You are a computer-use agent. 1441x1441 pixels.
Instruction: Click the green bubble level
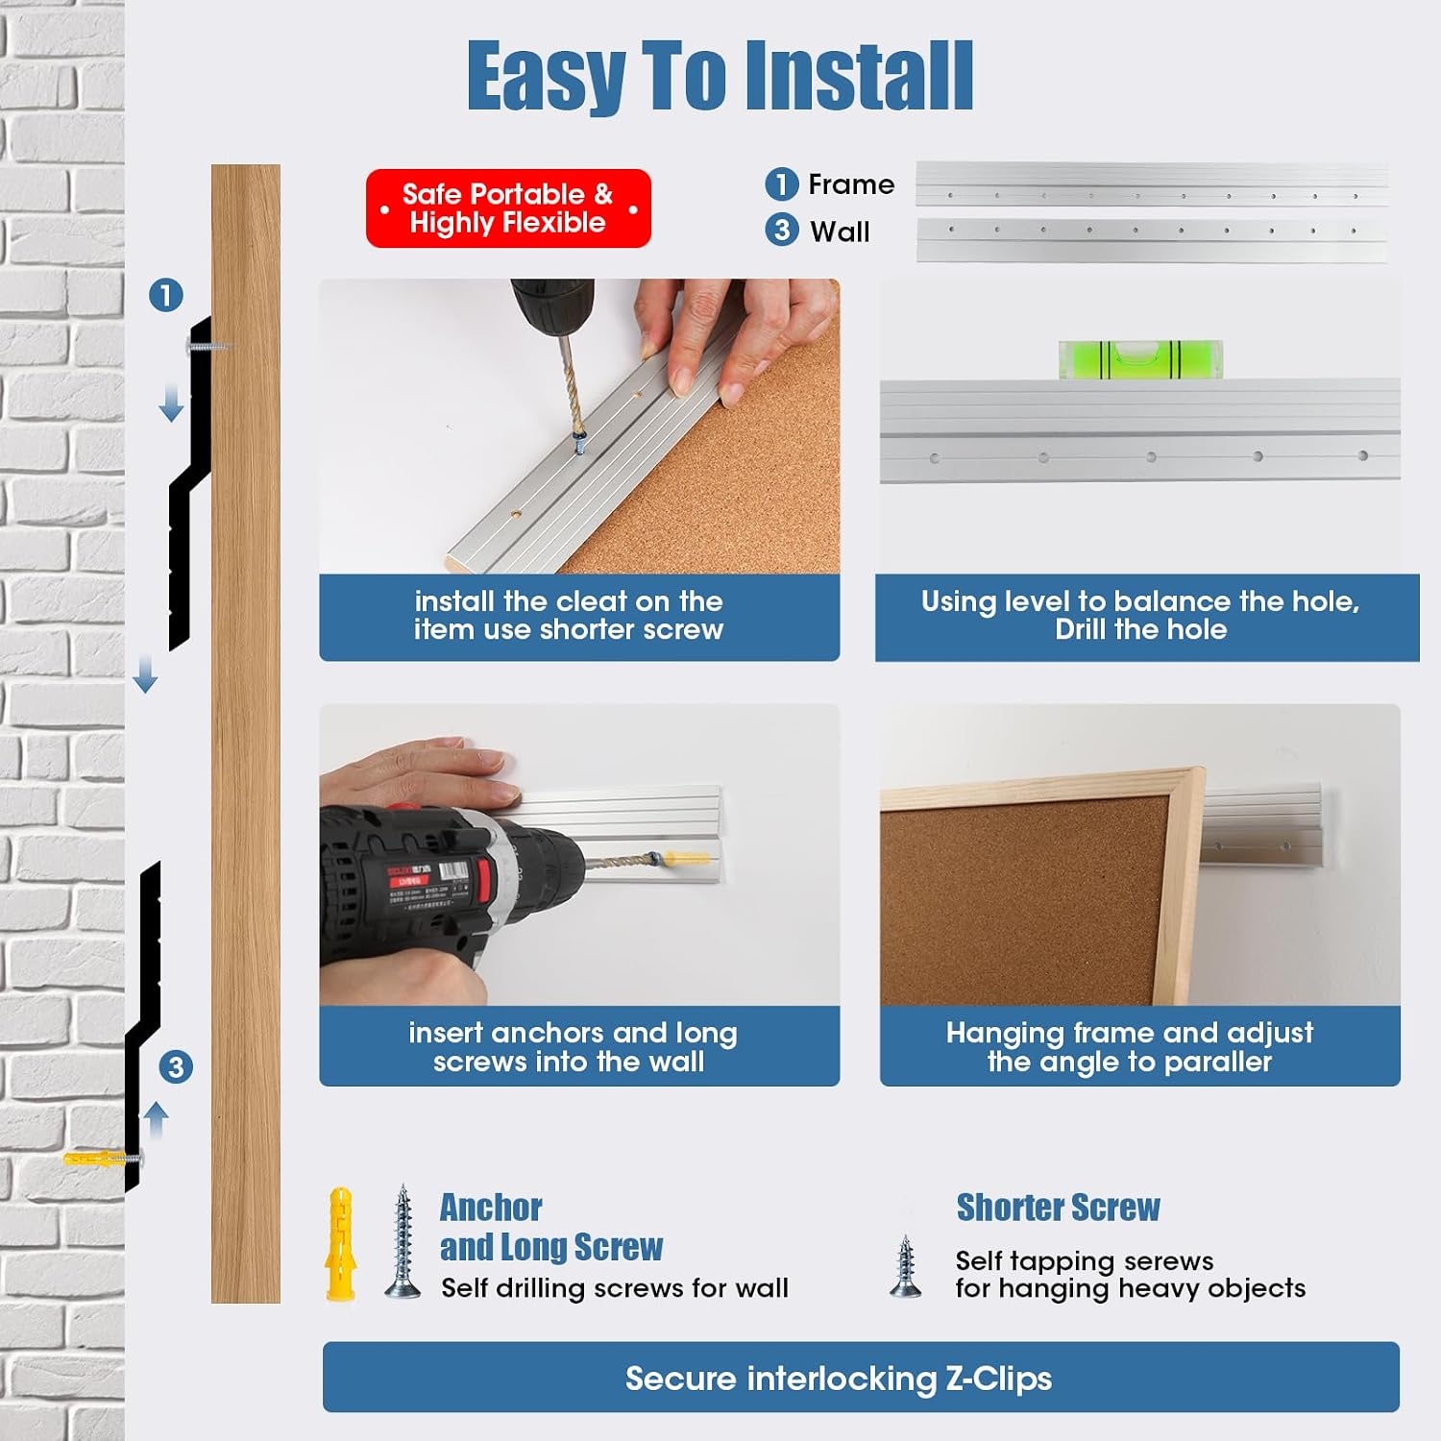1140,359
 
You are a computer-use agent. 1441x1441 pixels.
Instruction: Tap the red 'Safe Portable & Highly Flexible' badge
508,208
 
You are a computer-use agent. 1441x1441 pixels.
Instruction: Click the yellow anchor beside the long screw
340,1244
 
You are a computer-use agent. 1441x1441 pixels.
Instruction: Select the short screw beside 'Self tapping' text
905,1267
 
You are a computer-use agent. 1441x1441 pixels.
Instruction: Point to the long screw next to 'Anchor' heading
403,1241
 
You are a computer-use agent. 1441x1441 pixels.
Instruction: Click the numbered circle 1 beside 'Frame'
781,183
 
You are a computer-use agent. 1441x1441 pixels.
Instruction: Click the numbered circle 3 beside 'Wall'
781,230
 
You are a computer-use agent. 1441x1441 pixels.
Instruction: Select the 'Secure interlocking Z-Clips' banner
861,1377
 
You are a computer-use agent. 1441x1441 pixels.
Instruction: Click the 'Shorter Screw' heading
1058,1208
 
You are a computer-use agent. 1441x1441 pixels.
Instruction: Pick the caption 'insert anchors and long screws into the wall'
573,1046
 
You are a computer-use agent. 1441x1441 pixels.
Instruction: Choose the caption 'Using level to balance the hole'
1140,601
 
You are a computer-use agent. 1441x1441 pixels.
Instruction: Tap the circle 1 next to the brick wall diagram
166,295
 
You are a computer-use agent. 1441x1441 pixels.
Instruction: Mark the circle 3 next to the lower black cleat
176,1066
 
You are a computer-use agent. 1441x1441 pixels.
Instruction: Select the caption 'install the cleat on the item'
569,615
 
